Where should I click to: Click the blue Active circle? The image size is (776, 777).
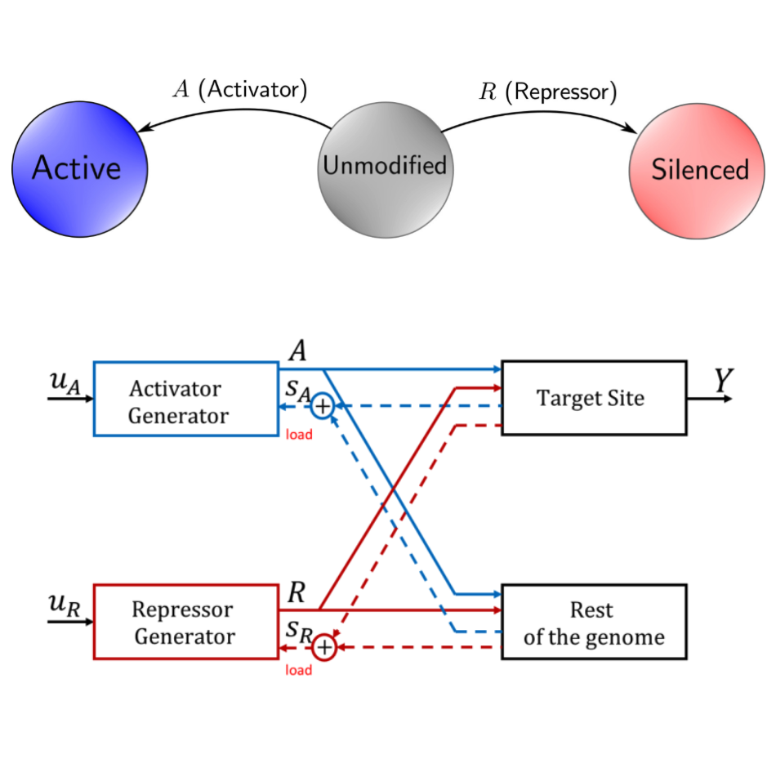(x=80, y=169)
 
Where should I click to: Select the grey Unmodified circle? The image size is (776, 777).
(x=386, y=170)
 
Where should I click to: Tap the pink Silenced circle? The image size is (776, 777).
(x=697, y=171)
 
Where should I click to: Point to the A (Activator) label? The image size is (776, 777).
(x=240, y=89)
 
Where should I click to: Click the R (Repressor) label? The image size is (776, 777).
(x=548, y=92)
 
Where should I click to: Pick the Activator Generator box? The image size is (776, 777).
(x=185, y=399)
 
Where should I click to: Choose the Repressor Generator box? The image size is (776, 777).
(x=185, y=622)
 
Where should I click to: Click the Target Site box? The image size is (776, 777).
(x=594, y=398)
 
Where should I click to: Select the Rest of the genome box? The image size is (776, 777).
(x=594, y=622)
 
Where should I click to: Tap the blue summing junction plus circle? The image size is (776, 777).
(x=323, y=406)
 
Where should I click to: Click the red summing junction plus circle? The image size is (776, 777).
(x=324, y=647)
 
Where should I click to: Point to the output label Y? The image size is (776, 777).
(x=723, y=381)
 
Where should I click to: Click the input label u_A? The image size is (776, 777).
(x=65, y=382)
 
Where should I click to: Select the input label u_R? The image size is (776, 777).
(x=65, y=605)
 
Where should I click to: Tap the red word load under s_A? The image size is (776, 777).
(x=299, y=435)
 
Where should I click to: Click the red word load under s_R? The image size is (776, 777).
(x=298, y=670)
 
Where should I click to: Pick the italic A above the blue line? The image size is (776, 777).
(x=297, y=351)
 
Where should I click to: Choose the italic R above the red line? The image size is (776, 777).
(x=297, y=592)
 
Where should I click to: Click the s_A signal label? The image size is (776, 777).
(x=298, y=391)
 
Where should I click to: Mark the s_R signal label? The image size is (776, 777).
(x=299, y=632)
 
